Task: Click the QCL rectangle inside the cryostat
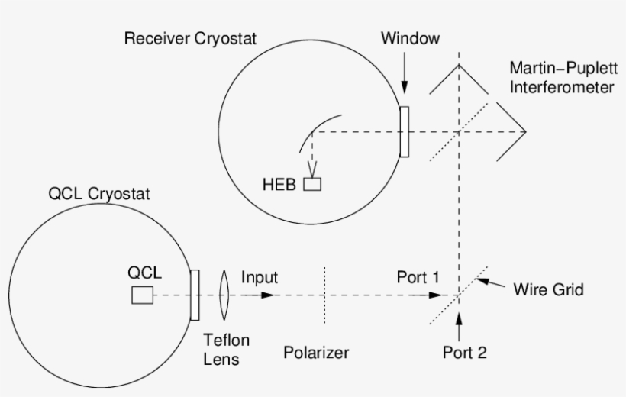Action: [x=141, y=295]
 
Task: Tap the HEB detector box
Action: [x=313, y=184]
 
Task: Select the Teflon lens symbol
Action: [x=224, y=295]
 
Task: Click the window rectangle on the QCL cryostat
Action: [x=195, y=295]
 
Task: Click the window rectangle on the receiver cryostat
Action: [x=404, y=131]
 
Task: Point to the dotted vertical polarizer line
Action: [x=326, y=295]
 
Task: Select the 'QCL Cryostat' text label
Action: [x=99, y=194]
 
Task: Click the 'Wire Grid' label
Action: [x=548, y=289]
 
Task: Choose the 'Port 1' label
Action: [x=418, y=277]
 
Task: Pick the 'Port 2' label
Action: [x=464, y=352]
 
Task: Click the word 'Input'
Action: [x=260, y=277]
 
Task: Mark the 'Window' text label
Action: [x=411, y=38]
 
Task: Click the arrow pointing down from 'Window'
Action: [x=405, y=76]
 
